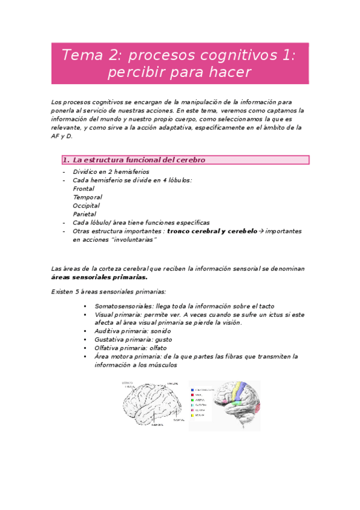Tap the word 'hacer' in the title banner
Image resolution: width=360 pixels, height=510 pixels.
(227, 73)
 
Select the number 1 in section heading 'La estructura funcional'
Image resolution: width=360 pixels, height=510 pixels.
(65, 160)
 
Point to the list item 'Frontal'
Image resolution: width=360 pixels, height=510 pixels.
(83, 189)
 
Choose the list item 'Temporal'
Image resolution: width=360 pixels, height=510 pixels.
(87, 197)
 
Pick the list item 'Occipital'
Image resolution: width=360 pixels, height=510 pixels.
(86, 206)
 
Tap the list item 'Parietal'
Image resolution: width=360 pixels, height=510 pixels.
(84, 214)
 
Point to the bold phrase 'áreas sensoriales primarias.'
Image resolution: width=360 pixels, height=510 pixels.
(99, 278)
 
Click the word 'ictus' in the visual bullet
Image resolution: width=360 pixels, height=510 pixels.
(272, 315)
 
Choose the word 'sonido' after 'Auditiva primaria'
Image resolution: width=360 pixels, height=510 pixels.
(160, 331)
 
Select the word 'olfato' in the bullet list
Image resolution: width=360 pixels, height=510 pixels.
(156, 348)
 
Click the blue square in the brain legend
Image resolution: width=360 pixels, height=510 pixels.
(192, 390)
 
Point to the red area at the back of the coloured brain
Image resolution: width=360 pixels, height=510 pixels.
(257, 409)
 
